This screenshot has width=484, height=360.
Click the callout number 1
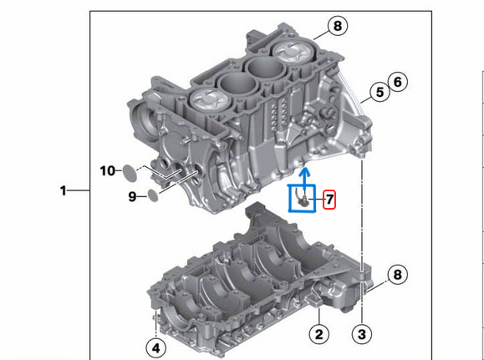pos(63,191)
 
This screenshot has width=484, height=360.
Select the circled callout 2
pos(318,335)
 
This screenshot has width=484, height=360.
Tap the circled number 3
pos(360,335)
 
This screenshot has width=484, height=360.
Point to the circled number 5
pos(380,92)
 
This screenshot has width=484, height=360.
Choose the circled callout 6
pos(398,81)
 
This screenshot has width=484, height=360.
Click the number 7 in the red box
pos(329,200)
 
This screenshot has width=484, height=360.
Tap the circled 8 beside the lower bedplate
pos(398,274)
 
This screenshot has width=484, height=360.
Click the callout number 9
pos(132,196)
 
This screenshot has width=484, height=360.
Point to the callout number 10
pos(108,171)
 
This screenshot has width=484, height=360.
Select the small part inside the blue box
pos(303,200)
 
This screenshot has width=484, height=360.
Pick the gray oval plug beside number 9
pos(151,196)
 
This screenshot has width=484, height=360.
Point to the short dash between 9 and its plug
pos(140,196)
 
